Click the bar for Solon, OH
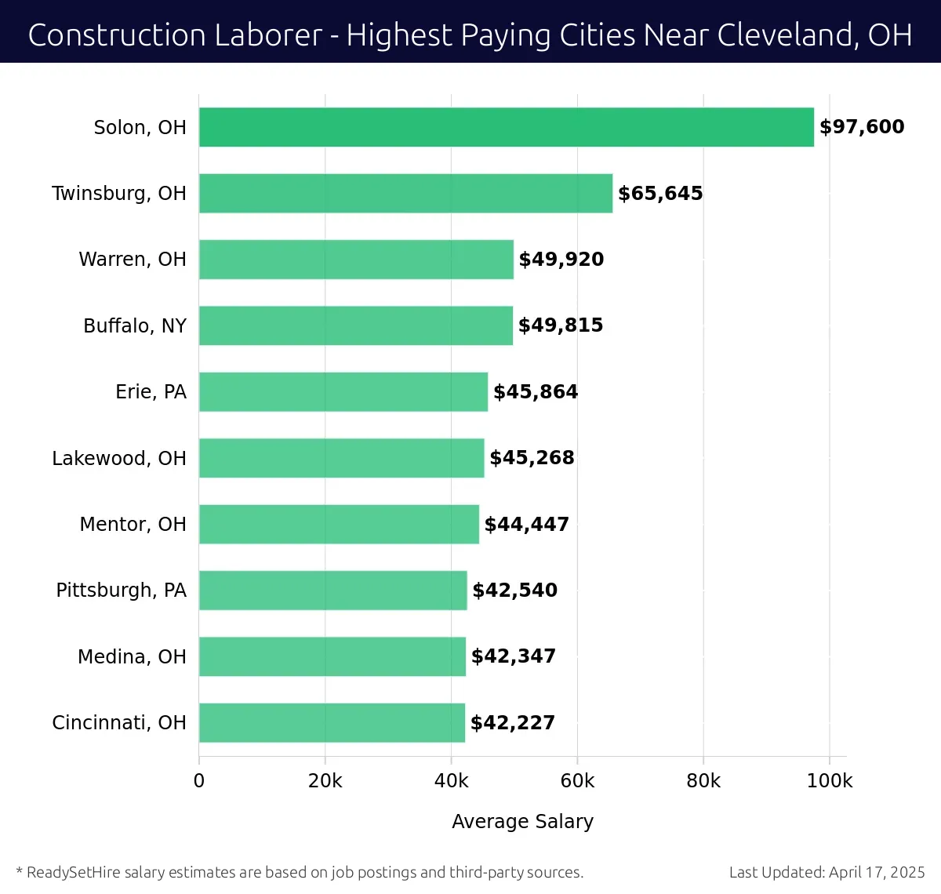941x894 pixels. pos(506,127)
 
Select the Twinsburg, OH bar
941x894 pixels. pos(405,193)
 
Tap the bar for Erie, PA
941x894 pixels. pos(343,391)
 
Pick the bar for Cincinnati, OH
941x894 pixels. pos(332,722)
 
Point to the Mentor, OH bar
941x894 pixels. pos(339,524)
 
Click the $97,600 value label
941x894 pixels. pos(862,127)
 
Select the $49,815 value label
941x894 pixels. pos(561,325)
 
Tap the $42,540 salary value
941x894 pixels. pos(514,590)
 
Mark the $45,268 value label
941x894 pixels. pos(532,458)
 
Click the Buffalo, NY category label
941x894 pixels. pos(135,325)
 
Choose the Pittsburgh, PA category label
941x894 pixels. pos(121,590)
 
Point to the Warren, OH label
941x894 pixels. pos(133,260)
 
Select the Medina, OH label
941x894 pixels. pos(132,656)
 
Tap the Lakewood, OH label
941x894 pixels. pos(119,458)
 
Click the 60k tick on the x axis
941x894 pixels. pos(577,781)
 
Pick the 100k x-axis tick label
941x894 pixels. pos(829,781)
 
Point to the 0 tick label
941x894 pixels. pos(199,781)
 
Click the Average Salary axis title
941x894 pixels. pos(522,821)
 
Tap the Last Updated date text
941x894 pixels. pos(827,872)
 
